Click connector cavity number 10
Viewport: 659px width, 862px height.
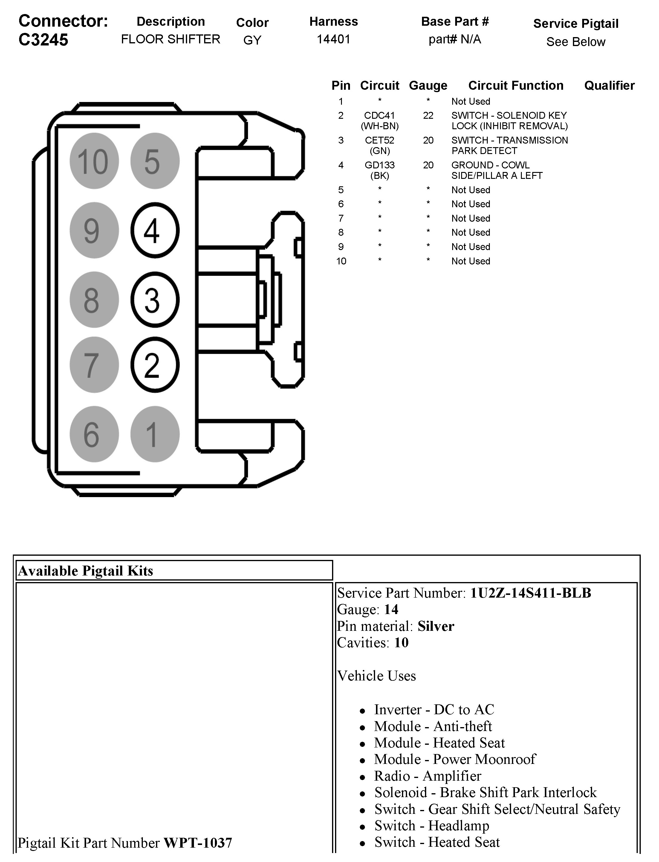pos(94,161)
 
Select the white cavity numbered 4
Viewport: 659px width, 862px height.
pos(155,230)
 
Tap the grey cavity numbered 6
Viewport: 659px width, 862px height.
pos(94,434)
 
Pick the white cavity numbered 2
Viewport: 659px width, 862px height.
pos(155,365)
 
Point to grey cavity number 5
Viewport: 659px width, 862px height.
pos(155,161)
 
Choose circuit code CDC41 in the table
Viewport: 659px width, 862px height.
pos(379,115)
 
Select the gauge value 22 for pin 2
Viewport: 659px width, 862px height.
pos(428,115)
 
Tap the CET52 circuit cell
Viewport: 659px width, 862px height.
pos(379,141)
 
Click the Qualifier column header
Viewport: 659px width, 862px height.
pos(609,86)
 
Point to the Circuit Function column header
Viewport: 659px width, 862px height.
pos(516,86)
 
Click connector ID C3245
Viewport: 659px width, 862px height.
pos(44,40)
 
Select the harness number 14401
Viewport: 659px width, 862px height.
pos(334,39)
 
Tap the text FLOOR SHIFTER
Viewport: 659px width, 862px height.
pos(171,39)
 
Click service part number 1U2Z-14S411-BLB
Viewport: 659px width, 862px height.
pos(530,593)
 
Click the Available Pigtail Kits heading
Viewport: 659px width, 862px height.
pos(85,571)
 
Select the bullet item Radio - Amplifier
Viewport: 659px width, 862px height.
pos(428,776)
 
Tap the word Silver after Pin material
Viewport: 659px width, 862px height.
pos(436,626)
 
